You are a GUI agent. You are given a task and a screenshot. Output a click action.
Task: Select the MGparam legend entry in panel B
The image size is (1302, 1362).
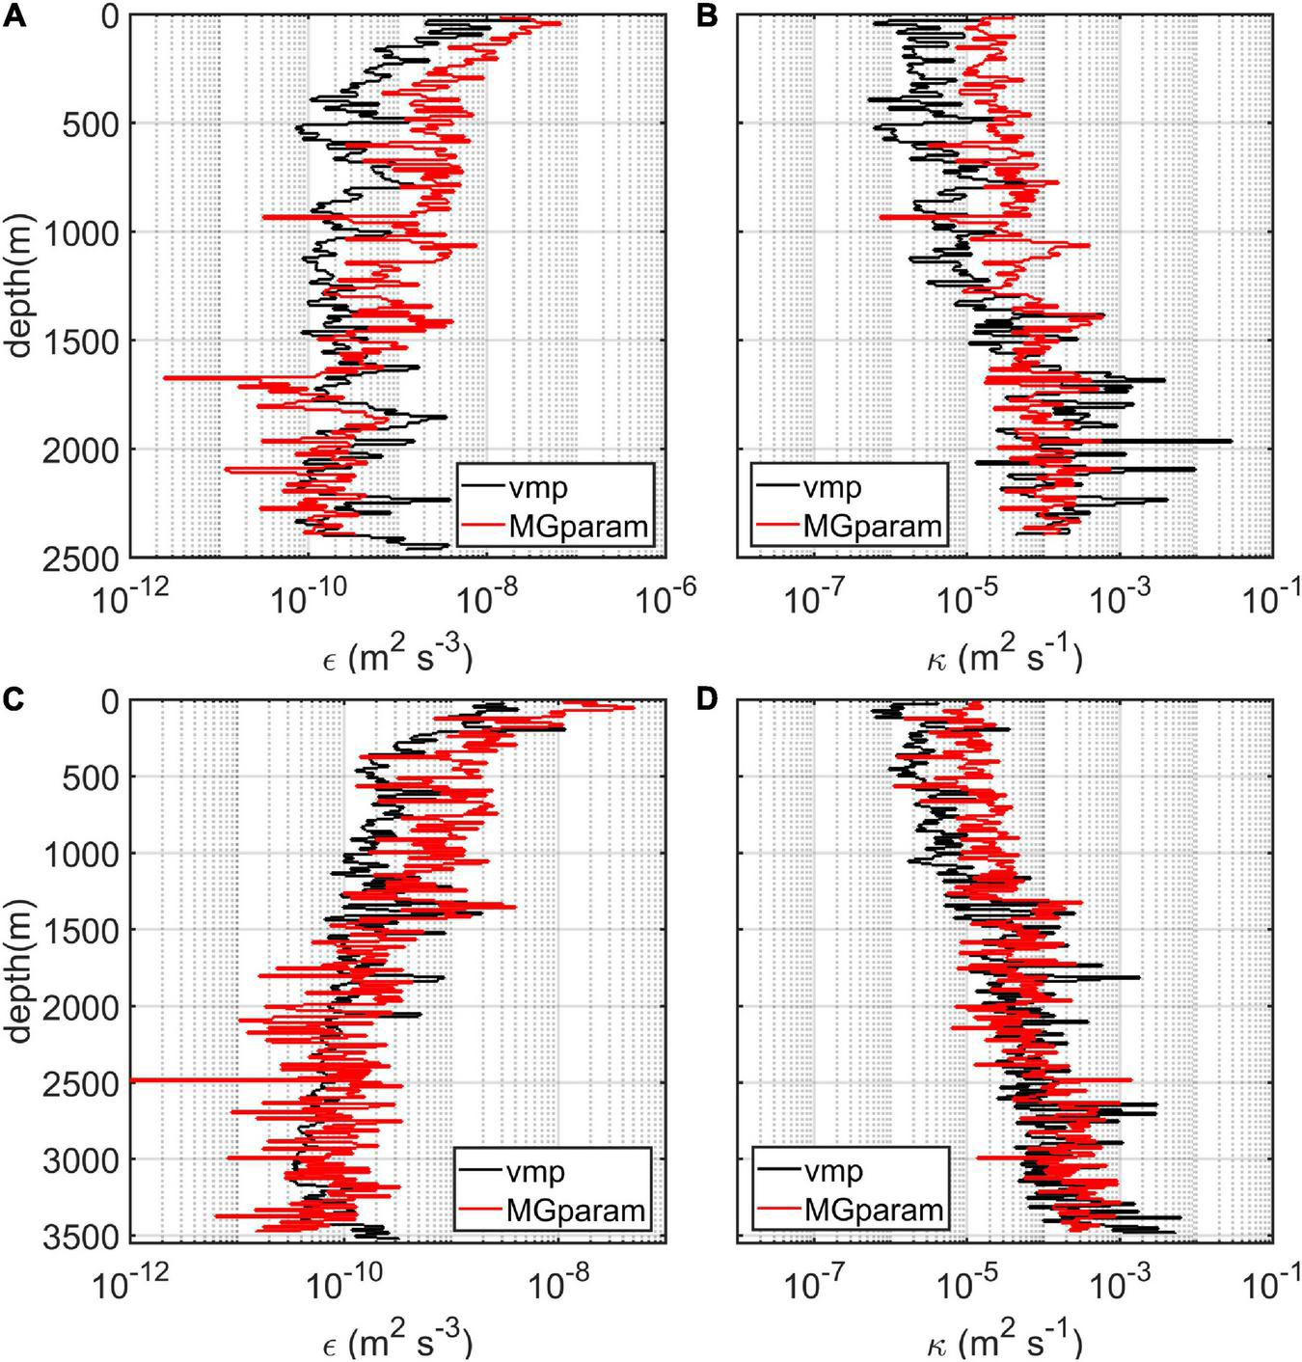point(872,527)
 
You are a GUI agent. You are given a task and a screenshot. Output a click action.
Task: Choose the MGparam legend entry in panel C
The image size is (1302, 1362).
point(576,1209)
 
